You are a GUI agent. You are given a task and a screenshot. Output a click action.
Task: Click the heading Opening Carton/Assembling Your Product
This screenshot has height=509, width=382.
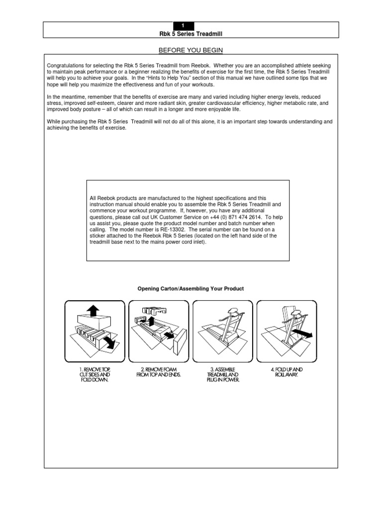pyautogui.click(x=191, y=289)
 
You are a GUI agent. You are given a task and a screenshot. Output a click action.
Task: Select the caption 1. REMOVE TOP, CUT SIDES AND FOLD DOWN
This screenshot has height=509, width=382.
pyautogui.click(x=94, y=374)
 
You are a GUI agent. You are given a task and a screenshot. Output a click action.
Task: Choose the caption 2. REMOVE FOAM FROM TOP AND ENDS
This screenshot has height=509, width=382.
pyautogui.click(x=159, y=372)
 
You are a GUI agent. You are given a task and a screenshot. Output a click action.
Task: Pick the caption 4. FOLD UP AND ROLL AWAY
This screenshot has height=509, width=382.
pyautogui.click(x=286, y=372)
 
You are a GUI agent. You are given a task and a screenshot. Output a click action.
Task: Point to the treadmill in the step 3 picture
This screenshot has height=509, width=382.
pyautogui.click(x=223, y=331)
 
